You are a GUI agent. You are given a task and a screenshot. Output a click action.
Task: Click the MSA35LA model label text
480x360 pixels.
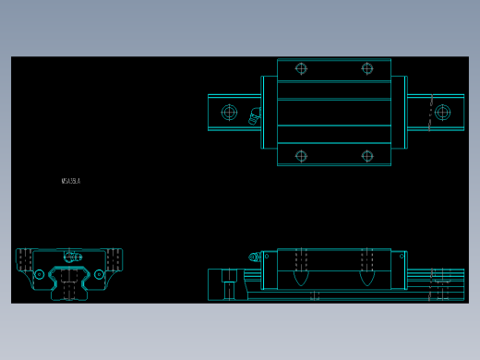[71, 181]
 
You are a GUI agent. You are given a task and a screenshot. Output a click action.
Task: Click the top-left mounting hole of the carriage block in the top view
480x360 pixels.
[301, 68]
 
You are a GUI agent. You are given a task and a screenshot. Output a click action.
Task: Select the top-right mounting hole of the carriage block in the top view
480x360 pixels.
[367, 68]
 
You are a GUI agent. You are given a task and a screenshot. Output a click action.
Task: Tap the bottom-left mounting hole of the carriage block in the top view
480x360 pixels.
[301, 156]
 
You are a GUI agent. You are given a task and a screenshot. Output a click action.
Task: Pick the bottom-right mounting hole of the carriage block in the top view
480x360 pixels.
[367, 156]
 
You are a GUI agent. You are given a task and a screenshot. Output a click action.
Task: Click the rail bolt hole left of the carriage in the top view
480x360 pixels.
[229, 113]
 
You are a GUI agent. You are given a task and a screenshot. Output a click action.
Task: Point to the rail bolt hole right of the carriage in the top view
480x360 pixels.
[443, 113]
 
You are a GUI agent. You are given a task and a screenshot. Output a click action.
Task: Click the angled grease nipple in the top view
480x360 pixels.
[254, 115]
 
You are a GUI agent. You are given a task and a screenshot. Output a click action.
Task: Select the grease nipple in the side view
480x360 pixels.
[254, 258]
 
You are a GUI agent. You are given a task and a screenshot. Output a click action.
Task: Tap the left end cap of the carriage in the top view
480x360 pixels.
[269, 112]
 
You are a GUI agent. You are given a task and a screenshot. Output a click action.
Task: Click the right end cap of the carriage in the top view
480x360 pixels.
[399, 112]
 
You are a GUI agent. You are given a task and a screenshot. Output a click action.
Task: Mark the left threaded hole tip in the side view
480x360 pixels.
[301, 277]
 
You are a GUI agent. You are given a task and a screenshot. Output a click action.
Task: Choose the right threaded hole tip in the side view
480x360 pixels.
[366, 277]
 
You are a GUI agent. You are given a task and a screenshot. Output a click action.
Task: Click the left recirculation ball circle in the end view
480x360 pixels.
[39, 274]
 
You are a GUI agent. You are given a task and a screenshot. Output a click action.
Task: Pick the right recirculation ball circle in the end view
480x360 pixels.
[99, 274]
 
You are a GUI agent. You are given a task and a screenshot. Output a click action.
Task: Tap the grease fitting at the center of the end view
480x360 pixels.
[70, 257]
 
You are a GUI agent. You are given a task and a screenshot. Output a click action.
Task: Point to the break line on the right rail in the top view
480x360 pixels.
[430, 112]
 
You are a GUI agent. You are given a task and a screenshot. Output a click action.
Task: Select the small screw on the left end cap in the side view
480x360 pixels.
[267, 257]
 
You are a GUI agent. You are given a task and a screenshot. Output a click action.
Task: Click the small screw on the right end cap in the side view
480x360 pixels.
[401, 257]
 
